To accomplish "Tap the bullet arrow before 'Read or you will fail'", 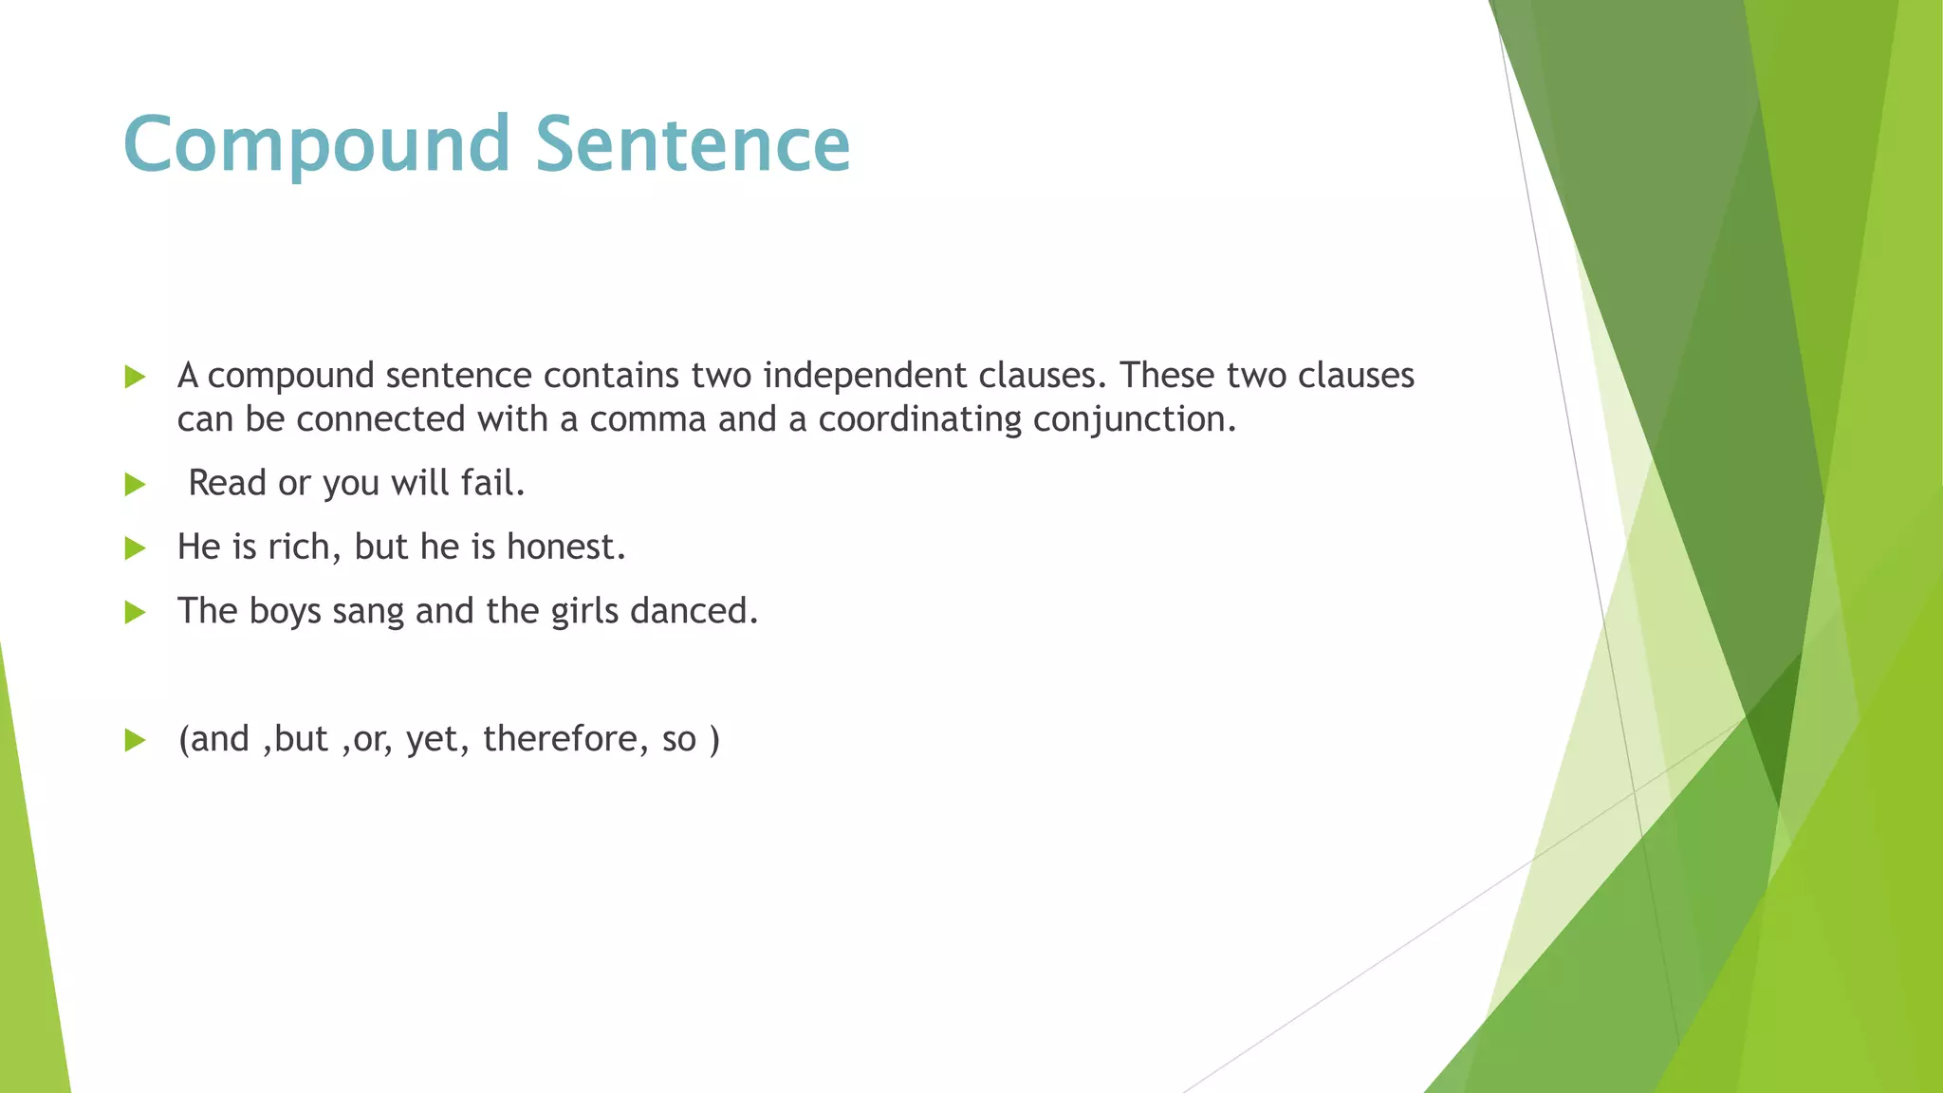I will point(135,485).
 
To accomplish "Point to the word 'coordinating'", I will point(919,419).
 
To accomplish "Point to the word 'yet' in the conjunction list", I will point(432,739).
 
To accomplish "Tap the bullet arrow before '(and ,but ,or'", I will point(135,740).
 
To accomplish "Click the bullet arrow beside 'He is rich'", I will point(135,548).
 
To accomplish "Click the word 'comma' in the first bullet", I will point(647,419).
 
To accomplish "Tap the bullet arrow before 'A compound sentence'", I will point(135,378).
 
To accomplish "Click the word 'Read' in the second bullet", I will point(227,484).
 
